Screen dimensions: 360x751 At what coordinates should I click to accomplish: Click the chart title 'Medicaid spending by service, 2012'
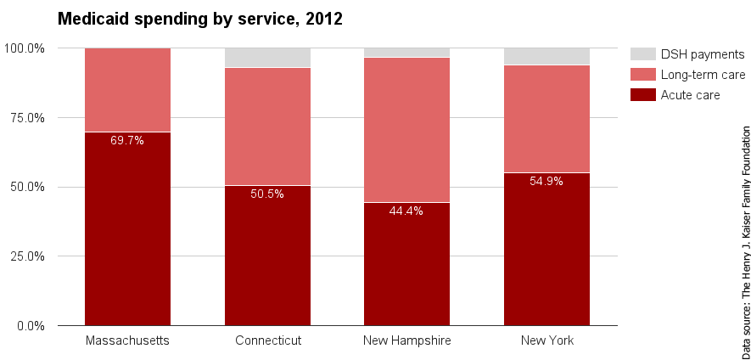click(199, 19)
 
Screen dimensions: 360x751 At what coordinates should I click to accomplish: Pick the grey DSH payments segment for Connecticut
click(267, 58)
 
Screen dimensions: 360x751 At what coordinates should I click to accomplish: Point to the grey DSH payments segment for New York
click(546, 56)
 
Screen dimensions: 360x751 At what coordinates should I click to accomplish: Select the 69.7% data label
click(127, 140)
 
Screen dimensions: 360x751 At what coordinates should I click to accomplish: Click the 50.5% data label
click(267, 194)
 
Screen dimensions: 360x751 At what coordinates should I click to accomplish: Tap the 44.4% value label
click(406, 211)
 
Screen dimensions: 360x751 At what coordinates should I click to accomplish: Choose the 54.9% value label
click(546, 181)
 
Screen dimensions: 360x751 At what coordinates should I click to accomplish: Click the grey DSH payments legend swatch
click(642, 54)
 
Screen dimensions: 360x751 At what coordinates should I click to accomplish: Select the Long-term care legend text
click(703, 75)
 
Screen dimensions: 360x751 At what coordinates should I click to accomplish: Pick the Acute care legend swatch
click(642, 95)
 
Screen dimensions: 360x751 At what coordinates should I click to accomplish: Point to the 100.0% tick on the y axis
click(25, 48)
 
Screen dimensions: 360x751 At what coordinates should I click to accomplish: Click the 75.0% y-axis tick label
click(27, 118)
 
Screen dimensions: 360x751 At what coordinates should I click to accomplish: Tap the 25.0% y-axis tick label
click(27, 256)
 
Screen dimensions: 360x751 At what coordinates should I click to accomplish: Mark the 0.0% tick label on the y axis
click(31, 326)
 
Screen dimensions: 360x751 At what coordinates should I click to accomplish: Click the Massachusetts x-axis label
click(127, 340)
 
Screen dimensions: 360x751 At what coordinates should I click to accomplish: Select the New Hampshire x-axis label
click(406, 340)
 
